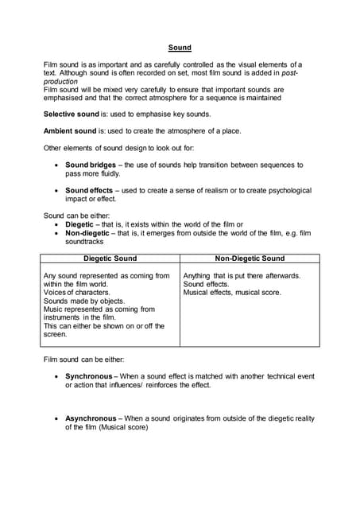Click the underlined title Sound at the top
coord(180,48)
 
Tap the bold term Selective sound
coord(70,115)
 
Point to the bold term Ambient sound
coord(69,131)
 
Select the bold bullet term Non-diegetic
coord(88,233)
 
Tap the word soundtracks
coord(86,241)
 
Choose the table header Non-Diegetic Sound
coord(250,258)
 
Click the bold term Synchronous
coord(89,375)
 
